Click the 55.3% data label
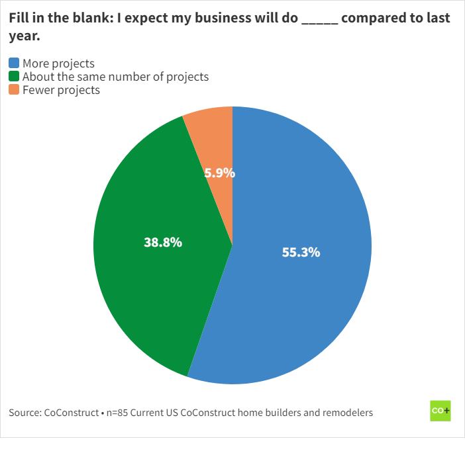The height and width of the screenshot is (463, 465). point(301,252)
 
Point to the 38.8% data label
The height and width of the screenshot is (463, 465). point(163,242)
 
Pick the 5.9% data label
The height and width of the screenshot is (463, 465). point(219,173)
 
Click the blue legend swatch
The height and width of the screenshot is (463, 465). point(14,63)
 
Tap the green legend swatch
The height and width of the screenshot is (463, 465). point(14,77)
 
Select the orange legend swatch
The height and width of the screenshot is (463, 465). point(14,90)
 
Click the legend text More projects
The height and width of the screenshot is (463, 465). point(58,63)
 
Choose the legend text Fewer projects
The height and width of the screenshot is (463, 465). point(61,90)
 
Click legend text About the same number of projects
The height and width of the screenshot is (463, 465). point(115,77)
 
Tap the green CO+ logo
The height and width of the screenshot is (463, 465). point(440,411)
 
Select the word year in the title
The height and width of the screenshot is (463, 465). point(23,36)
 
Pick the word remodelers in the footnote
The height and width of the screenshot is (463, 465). point(348,413)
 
